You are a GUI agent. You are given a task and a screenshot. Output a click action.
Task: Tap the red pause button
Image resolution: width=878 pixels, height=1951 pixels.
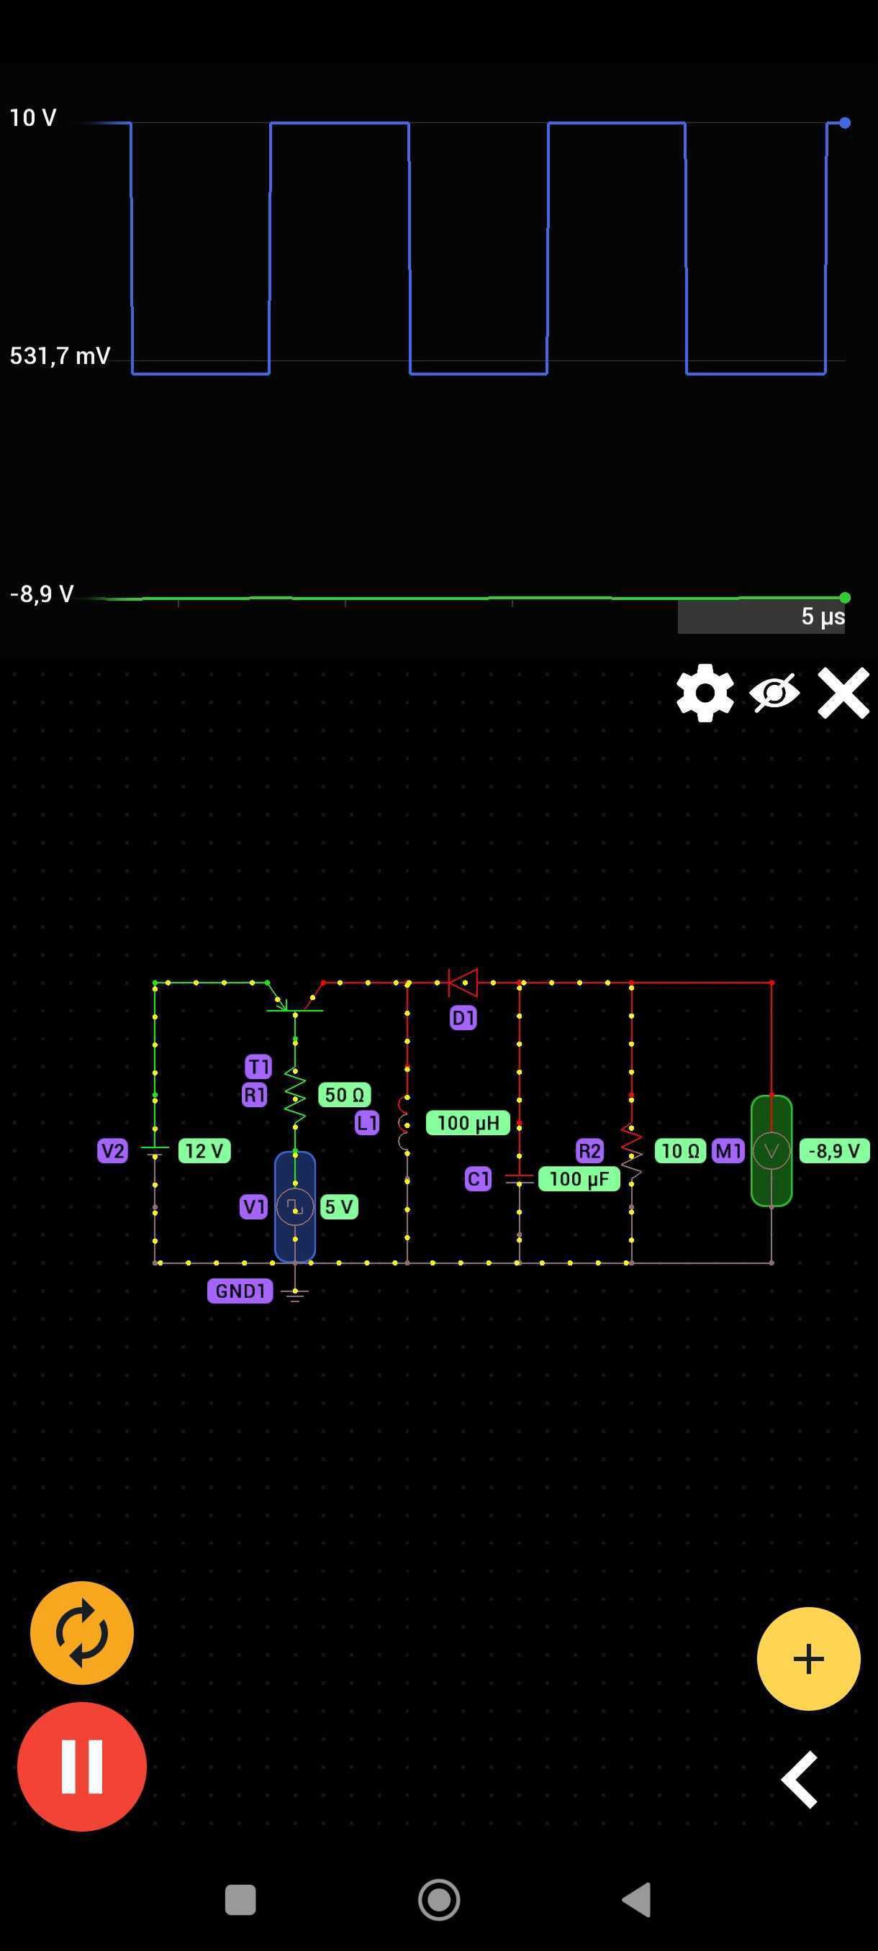82,1766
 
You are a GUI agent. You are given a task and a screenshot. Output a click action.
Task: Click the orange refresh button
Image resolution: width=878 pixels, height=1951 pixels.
82,1633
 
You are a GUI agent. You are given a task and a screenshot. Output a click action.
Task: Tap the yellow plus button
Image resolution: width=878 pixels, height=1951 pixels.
808,1659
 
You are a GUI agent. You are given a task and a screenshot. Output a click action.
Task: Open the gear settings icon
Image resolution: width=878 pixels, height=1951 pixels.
705,693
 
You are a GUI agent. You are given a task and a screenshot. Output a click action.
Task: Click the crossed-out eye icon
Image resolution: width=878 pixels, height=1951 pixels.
774,692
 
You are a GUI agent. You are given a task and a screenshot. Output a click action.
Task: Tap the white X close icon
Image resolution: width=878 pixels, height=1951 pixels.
843,693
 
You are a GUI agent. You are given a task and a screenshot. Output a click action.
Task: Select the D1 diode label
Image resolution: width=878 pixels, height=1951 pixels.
463,1018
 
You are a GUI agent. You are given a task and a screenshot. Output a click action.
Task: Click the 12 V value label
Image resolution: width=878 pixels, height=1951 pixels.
204,1151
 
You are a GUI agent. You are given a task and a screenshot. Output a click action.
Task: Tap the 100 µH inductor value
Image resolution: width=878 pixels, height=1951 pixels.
467,1123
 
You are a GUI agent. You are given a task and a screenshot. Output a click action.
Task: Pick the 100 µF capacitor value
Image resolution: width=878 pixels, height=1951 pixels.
579,1179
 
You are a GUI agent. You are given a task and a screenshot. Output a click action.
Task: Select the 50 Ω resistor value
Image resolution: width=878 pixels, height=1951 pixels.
345,1095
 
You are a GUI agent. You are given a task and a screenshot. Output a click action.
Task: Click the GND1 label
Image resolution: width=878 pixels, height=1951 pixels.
240,1291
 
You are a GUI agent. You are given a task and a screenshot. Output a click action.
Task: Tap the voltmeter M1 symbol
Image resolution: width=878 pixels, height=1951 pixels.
771,1151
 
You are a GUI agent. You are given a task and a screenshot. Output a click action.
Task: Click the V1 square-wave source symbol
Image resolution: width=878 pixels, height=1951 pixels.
294,1207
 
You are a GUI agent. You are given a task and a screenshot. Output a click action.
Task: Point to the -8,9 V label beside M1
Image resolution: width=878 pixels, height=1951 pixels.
834,1151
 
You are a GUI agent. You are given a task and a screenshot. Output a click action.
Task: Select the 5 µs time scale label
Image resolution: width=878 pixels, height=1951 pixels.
823,617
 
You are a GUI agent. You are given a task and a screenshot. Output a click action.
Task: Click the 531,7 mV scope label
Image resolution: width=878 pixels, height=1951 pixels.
60,355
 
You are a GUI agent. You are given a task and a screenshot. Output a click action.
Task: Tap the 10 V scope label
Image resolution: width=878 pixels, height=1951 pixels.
32,117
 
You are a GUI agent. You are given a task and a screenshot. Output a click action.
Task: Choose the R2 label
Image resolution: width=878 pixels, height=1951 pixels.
589,1151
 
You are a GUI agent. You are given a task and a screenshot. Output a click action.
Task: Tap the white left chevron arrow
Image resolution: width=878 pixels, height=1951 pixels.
800,1780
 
